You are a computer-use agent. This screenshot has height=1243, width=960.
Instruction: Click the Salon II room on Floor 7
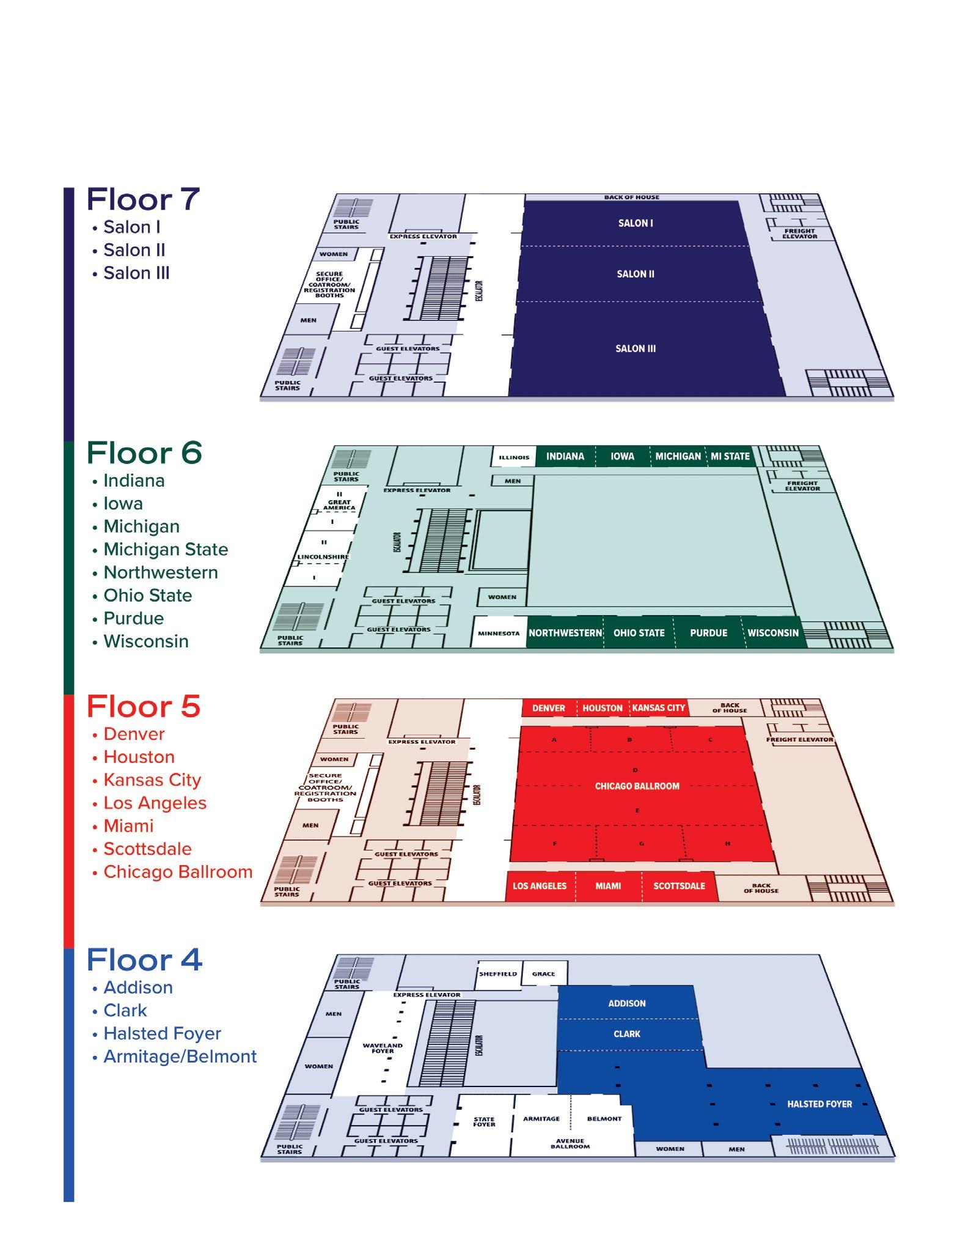click(636, 274)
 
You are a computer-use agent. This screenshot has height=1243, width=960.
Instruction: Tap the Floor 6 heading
click(144, 452)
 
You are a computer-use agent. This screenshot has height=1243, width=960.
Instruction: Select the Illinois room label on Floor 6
click(514, 457)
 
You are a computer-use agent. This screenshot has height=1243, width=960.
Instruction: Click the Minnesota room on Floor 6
click(499, 633)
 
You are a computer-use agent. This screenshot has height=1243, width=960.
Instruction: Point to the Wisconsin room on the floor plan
click(773, 633)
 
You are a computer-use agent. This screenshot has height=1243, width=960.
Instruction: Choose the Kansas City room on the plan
click(658, 708)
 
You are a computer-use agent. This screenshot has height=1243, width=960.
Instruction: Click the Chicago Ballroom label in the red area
click(637, 786)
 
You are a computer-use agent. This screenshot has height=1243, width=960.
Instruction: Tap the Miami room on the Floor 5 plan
click(608, 886)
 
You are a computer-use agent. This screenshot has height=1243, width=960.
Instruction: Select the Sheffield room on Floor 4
click(498, 974)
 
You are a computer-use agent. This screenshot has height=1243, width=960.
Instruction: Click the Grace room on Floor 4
click(543, 974)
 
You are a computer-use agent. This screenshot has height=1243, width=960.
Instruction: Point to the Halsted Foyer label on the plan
click(819, 1104)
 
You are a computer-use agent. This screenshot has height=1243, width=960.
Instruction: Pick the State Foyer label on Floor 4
click(484, 1122)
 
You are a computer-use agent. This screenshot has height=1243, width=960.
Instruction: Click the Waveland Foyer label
click(383, 1048)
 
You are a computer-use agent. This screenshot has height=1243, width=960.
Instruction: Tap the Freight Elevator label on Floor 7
click(800, 234)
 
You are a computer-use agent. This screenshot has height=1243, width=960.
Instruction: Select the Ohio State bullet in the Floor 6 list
click(147, 596)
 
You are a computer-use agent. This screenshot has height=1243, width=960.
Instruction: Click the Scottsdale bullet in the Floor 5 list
click(147, 849)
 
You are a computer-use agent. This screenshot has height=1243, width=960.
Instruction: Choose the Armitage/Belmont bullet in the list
click(180, 1057)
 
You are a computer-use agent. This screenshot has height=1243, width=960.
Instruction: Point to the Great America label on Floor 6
click(339, 504)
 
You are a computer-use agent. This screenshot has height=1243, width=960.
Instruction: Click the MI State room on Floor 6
click(730, 456)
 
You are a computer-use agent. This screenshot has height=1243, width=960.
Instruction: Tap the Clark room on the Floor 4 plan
click(627, 1034)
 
